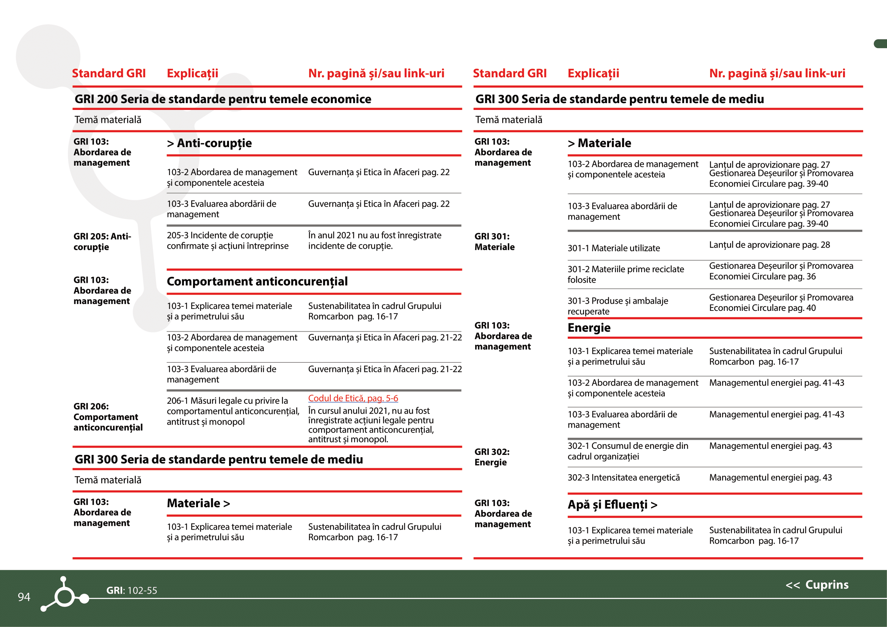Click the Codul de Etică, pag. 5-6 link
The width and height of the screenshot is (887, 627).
[x=353, y=398]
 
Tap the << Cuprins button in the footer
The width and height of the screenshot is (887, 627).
[x=817, y=585]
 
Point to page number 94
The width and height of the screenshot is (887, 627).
[x=24, y=597]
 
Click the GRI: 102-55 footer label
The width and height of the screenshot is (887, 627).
[x=132, y=590]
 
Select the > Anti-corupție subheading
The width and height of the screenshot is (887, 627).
[x=209, y=143]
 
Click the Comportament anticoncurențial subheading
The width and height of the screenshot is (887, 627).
[x=257, y=281]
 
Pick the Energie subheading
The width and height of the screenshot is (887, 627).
[x=589, y=328]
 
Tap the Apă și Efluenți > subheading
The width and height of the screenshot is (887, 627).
[x=612, y=505]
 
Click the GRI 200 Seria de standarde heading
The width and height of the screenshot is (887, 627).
[x=223, y=99]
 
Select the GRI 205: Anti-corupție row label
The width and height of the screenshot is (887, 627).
[x=102, y=242]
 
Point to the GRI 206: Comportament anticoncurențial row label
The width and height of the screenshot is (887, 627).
[x=108, y=417]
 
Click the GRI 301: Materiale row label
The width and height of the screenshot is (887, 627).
[x=495, y=242]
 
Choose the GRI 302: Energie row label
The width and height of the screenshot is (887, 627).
[x=492, y=457]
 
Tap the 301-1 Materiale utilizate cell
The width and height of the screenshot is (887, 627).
[x=614, y=248]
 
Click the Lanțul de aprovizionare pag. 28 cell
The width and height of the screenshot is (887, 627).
[x=769, y=245]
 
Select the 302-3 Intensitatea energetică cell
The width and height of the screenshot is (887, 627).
[x=623, y=478]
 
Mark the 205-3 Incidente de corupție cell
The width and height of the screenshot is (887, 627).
[x=228, y=241]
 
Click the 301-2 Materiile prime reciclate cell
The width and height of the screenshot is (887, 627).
[x=625, y=274]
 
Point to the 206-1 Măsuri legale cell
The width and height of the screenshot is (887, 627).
[x=232, y=411]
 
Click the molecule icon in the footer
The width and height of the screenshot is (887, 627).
[x=64, y=595]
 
